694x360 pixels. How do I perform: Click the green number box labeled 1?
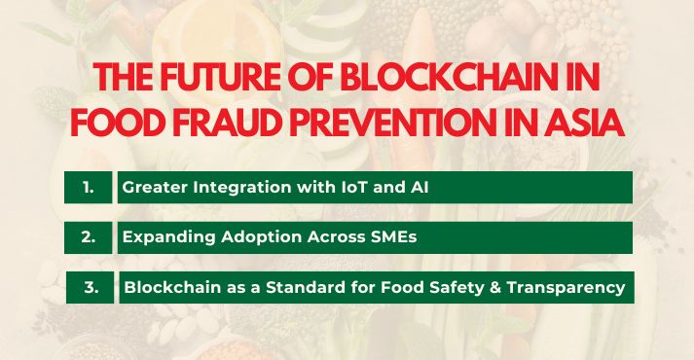pos(89,187)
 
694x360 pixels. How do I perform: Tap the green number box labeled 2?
pos(89,237)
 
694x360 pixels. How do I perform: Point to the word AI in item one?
pos(419,187)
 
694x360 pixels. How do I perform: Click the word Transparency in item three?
pos(575,287)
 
